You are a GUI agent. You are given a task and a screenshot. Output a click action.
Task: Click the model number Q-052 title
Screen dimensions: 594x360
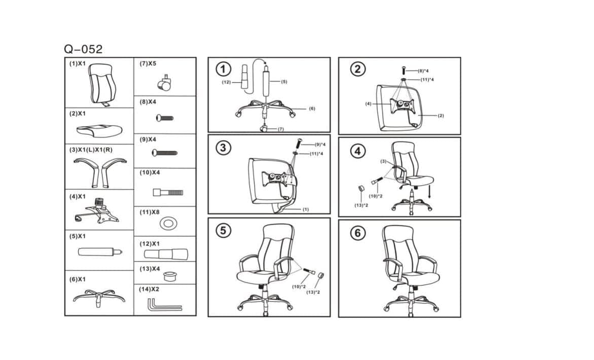click(x=83, y=49)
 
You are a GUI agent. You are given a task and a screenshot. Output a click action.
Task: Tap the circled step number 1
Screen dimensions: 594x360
click(x=223, y=69)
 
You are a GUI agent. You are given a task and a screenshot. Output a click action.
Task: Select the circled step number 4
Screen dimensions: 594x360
click(x=358, y=151)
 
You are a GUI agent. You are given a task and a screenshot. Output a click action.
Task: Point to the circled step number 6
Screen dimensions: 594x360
click(x=358, y=233)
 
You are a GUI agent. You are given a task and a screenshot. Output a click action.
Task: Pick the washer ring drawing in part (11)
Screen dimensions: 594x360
click(x=168, y=223)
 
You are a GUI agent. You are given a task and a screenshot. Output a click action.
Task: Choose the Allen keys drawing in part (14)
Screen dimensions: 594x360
click(x=164, y=304)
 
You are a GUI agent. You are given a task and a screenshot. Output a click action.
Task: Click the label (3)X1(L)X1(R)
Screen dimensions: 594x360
click(x=91, y=150)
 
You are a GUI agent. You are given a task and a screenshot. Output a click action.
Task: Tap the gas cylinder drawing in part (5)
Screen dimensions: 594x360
click(x=100, y=251)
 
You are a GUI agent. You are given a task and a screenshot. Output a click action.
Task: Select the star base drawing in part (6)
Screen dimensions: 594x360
click(x=99, y=297)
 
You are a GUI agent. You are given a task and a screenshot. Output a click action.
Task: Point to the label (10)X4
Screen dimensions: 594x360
click(x=150, y=172)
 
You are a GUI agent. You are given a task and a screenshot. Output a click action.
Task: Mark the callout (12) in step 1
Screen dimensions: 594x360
click(x=226, y=82)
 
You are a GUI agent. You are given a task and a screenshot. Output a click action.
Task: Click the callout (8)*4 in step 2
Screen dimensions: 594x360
click(x=423, y=71)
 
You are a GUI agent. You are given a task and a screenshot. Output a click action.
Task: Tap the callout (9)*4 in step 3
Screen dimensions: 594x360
click(x=320, y=144)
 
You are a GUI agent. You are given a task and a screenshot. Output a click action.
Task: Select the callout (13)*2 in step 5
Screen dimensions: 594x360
click(x=312, y=292)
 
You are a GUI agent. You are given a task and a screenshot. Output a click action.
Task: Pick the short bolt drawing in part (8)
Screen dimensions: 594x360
click(x=165, y=118)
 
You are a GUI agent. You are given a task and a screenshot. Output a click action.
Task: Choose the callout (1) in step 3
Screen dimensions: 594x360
click(x=305, y=209)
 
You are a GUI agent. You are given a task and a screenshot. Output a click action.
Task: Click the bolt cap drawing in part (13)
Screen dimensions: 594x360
click(x=170, y=276)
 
